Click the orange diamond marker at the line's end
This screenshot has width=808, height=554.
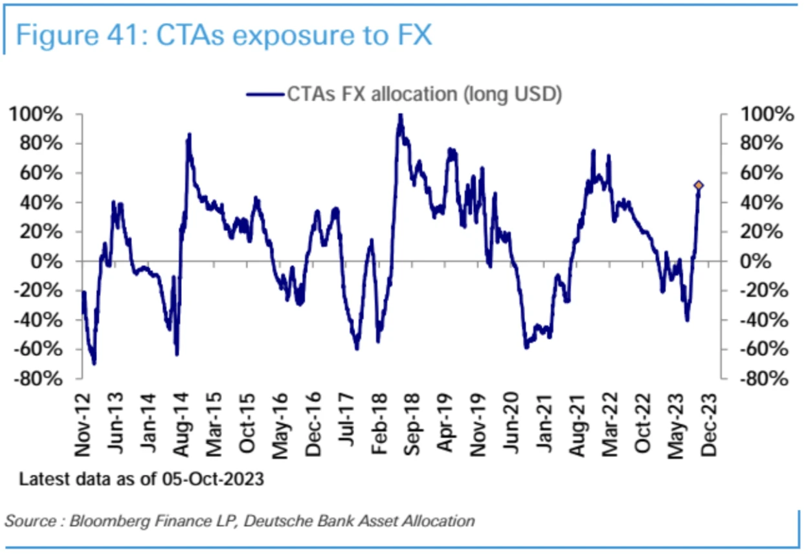(699, 186)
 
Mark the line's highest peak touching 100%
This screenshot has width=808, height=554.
(400, 116)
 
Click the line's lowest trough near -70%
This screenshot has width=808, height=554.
(94, 363)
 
